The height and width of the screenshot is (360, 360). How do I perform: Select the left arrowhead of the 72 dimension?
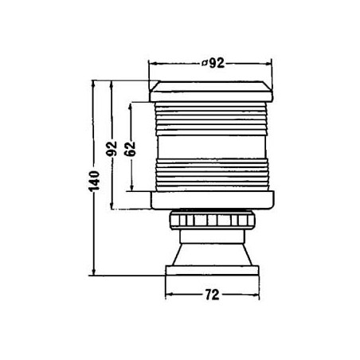[167, 295]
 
